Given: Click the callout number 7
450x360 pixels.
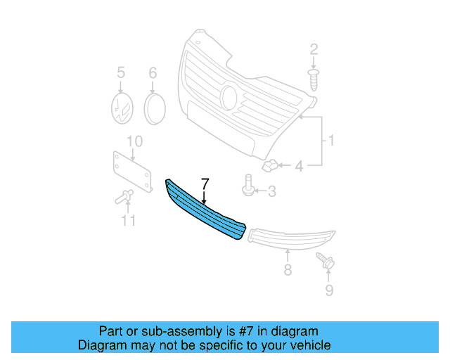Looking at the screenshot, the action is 205,184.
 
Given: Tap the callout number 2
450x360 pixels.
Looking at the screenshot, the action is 314,49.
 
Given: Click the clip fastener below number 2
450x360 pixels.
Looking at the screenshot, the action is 314,78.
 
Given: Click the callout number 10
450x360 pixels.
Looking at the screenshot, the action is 134,141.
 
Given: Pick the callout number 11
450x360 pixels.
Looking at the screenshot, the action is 127,221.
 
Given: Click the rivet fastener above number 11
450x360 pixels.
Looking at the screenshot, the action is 124,197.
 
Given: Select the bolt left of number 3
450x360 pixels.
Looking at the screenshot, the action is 248,188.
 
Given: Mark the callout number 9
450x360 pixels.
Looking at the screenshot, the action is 329,289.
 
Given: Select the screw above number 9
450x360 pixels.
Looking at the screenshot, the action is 324,259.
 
